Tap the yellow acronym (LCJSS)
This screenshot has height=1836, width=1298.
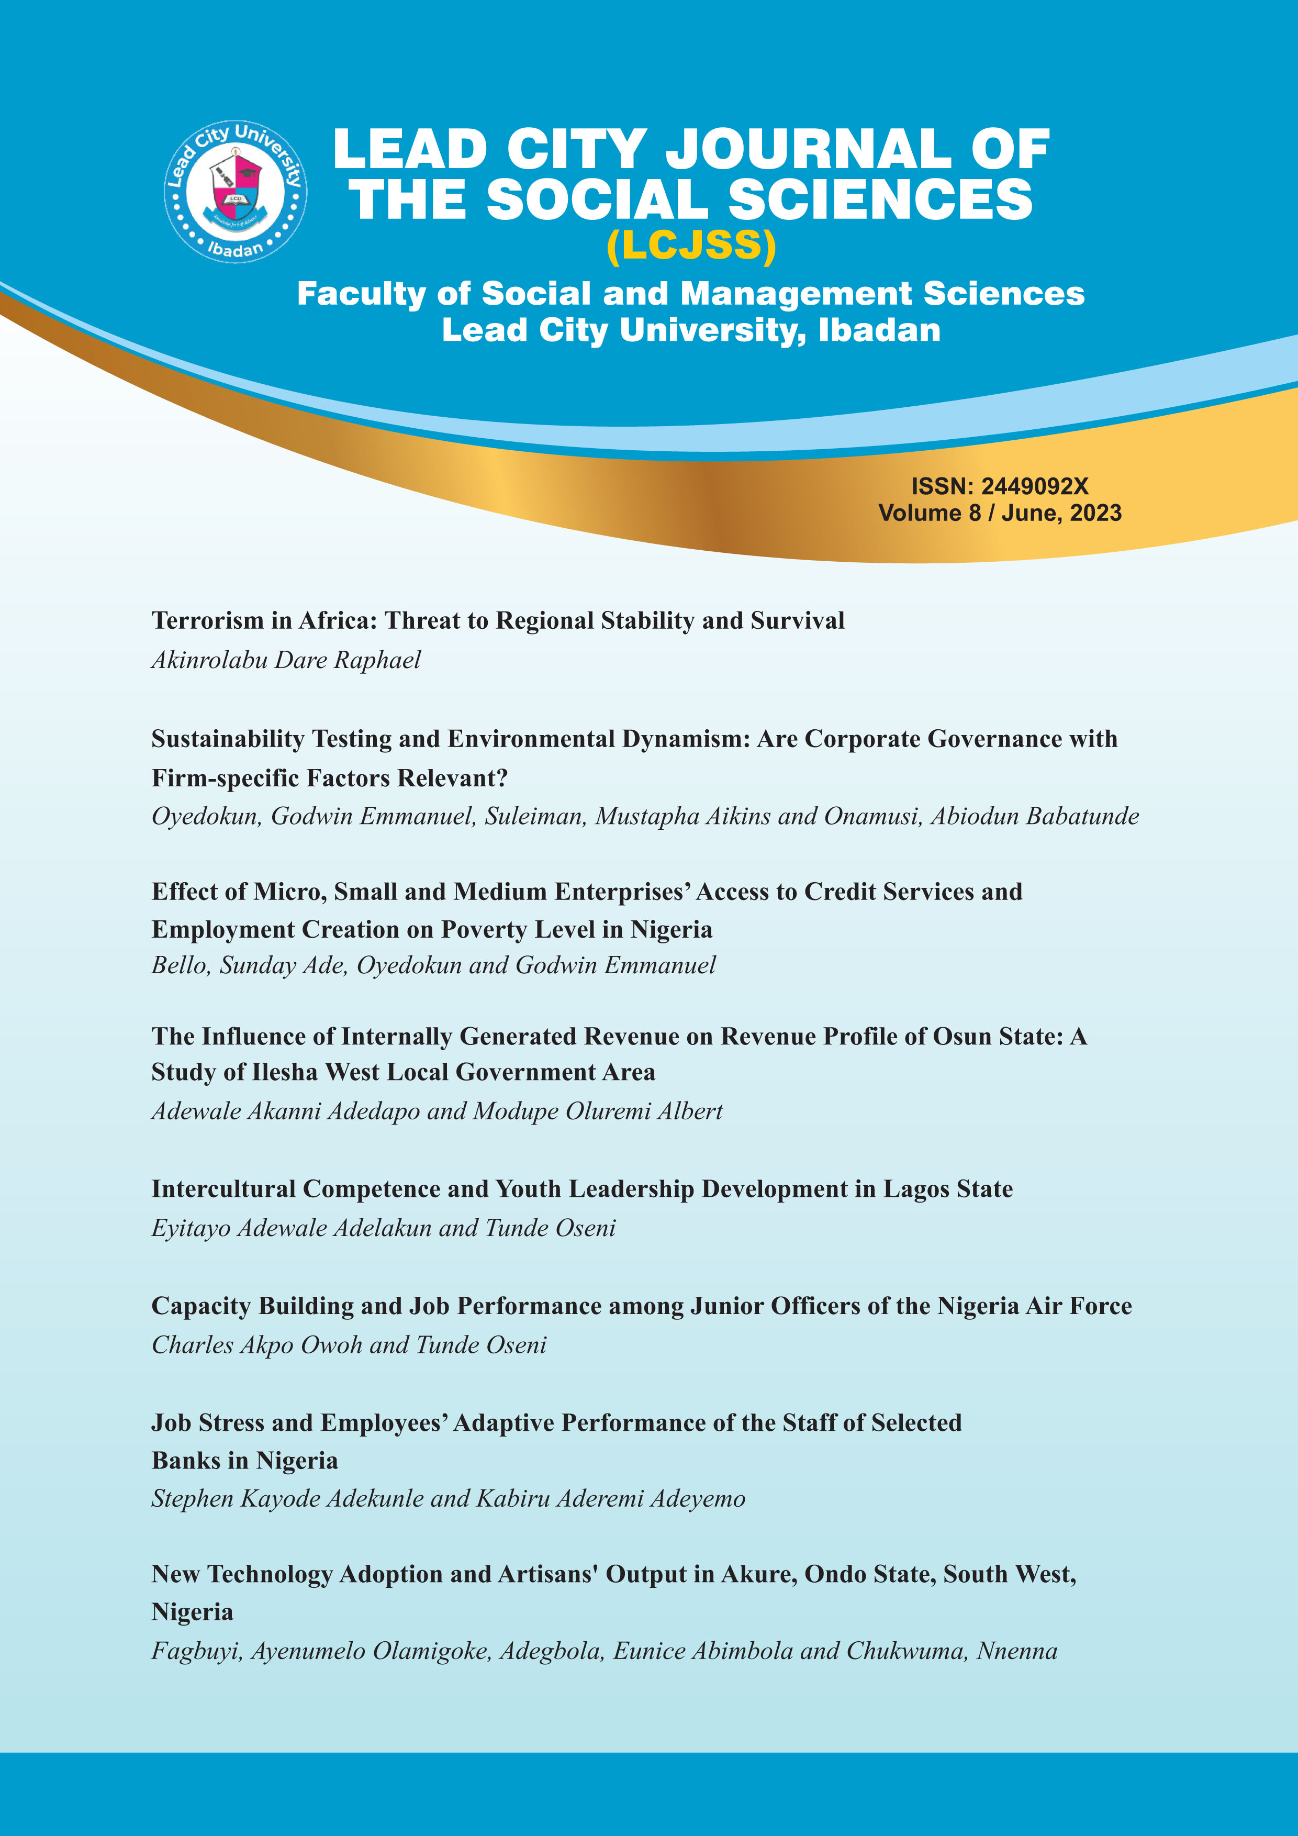[691, 246]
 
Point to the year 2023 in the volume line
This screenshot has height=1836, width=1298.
[1095, 513]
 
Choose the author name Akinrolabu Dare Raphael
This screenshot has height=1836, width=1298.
[285, 660]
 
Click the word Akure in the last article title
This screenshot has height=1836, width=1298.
[758, 1574]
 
